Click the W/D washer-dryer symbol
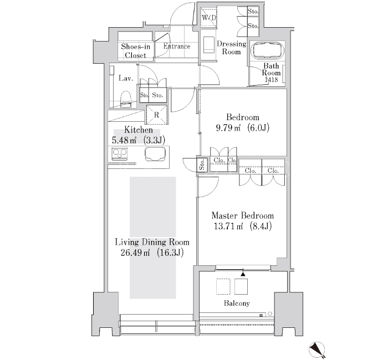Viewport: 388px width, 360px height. [208, 17]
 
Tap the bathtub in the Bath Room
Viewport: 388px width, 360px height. [267, 51]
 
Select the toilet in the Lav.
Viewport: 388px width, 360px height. [126, 99]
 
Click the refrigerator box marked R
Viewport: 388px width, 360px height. [157, 115]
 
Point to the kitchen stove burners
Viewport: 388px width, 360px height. [120, 153]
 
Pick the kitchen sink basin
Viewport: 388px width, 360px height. [155, 154]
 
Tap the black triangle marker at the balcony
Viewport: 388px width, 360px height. [243, 274]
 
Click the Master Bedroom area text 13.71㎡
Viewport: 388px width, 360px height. [228, 226]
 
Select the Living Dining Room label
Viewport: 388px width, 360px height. [152, 242]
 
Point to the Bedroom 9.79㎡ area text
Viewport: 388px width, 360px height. [228, 128]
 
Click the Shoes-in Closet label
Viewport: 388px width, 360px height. [136, 51]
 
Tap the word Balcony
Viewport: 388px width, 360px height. [237, 304]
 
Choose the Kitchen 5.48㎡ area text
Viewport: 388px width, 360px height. [124, 141]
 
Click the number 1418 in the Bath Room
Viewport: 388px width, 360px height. [271, 80]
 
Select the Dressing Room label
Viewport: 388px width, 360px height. [232, 48]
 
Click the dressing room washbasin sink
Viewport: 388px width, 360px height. [209, 44]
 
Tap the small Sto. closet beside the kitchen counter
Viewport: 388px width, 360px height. [202, 164]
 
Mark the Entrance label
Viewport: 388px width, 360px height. [177, 46]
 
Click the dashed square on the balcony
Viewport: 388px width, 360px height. [223, 286]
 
